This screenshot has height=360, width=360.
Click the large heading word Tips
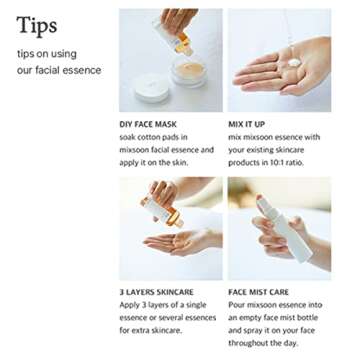click(36, 26)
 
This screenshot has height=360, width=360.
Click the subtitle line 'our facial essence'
click(59, 70)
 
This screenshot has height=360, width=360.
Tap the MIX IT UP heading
click(246, 125)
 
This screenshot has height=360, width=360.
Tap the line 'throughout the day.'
click(263, 342)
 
